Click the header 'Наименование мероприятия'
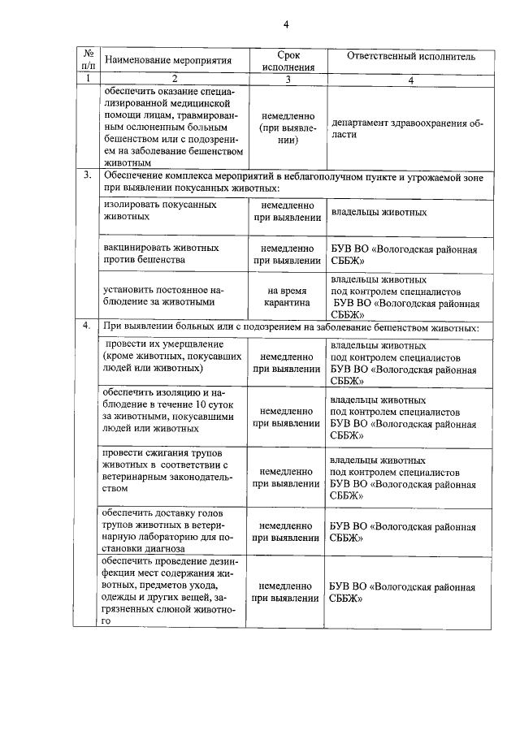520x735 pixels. (x=169, y=60)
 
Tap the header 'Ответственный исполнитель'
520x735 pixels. (x=410, y=56)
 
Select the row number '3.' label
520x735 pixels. (x=86, y=175)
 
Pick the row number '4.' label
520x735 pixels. (x=86, y=326)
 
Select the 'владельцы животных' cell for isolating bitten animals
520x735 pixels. (x=379, y=212)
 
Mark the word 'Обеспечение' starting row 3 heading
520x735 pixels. (x=134, y=175)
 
